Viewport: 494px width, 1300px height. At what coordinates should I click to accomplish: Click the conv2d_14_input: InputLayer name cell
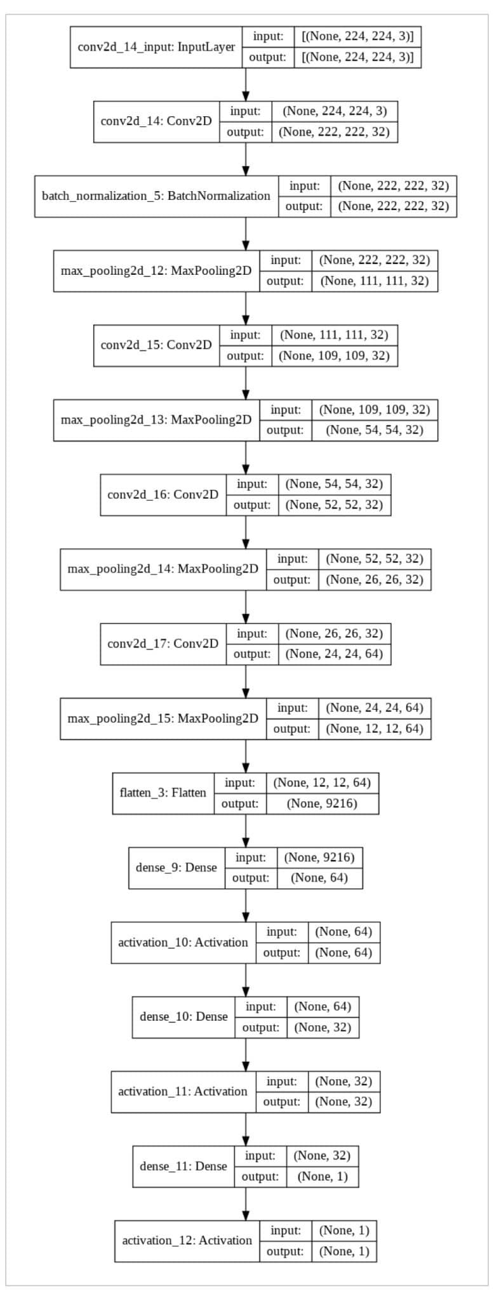pyautogui.click(x=156, y=47)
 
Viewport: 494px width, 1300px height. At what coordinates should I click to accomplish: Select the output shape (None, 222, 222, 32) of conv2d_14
pyautogui.click(x=334, y=132)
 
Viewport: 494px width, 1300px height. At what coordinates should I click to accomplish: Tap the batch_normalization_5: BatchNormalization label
pyautogui.click(x=156, y=196)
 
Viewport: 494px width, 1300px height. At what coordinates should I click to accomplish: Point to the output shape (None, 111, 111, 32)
pyautogui.click(x=374, y=281)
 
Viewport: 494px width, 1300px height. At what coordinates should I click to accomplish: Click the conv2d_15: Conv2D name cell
pyautogui.click(x=156, y=346)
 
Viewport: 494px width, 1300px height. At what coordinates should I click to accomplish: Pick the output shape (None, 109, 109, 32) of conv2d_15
pyautogui.click(x=334, y=356)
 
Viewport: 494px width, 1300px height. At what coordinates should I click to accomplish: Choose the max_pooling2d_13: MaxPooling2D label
pyautogui.click(x=156, y=420)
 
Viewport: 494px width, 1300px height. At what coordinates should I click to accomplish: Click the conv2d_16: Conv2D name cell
pyautogui.click(x=163, y=494)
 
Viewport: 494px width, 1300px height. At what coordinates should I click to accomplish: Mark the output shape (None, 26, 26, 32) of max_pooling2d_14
pyautogui.click(x=374, y=580)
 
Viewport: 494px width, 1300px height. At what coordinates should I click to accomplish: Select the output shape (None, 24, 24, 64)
pyautogui.click(x=334, y=654)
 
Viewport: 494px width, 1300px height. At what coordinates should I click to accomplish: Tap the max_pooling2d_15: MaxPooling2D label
pyautogui.click(x=163, y=719)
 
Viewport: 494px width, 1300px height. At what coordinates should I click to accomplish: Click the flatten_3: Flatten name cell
pyautogui.click(x=163, y=793)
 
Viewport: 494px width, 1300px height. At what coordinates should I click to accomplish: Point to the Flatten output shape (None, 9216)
pyautogui.click(x=322, y=804)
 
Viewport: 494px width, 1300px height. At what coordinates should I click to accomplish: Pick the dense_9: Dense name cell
pyautogui.click(x=177, y=868)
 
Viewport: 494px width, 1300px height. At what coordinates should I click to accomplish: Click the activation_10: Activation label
pyautogui.click(x=183, y=942)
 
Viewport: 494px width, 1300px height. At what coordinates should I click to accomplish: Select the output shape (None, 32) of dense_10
pyautogui.click(x=323, y=1027)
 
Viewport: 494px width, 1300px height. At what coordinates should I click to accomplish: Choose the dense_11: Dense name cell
pyautogui.click(x=183, y=1166)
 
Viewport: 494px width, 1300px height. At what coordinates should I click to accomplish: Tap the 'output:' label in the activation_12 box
pyautogui.click(x=285, y=1251)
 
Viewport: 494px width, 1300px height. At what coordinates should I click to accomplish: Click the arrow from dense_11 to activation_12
pyautogui.click(x=246, y=1203)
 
